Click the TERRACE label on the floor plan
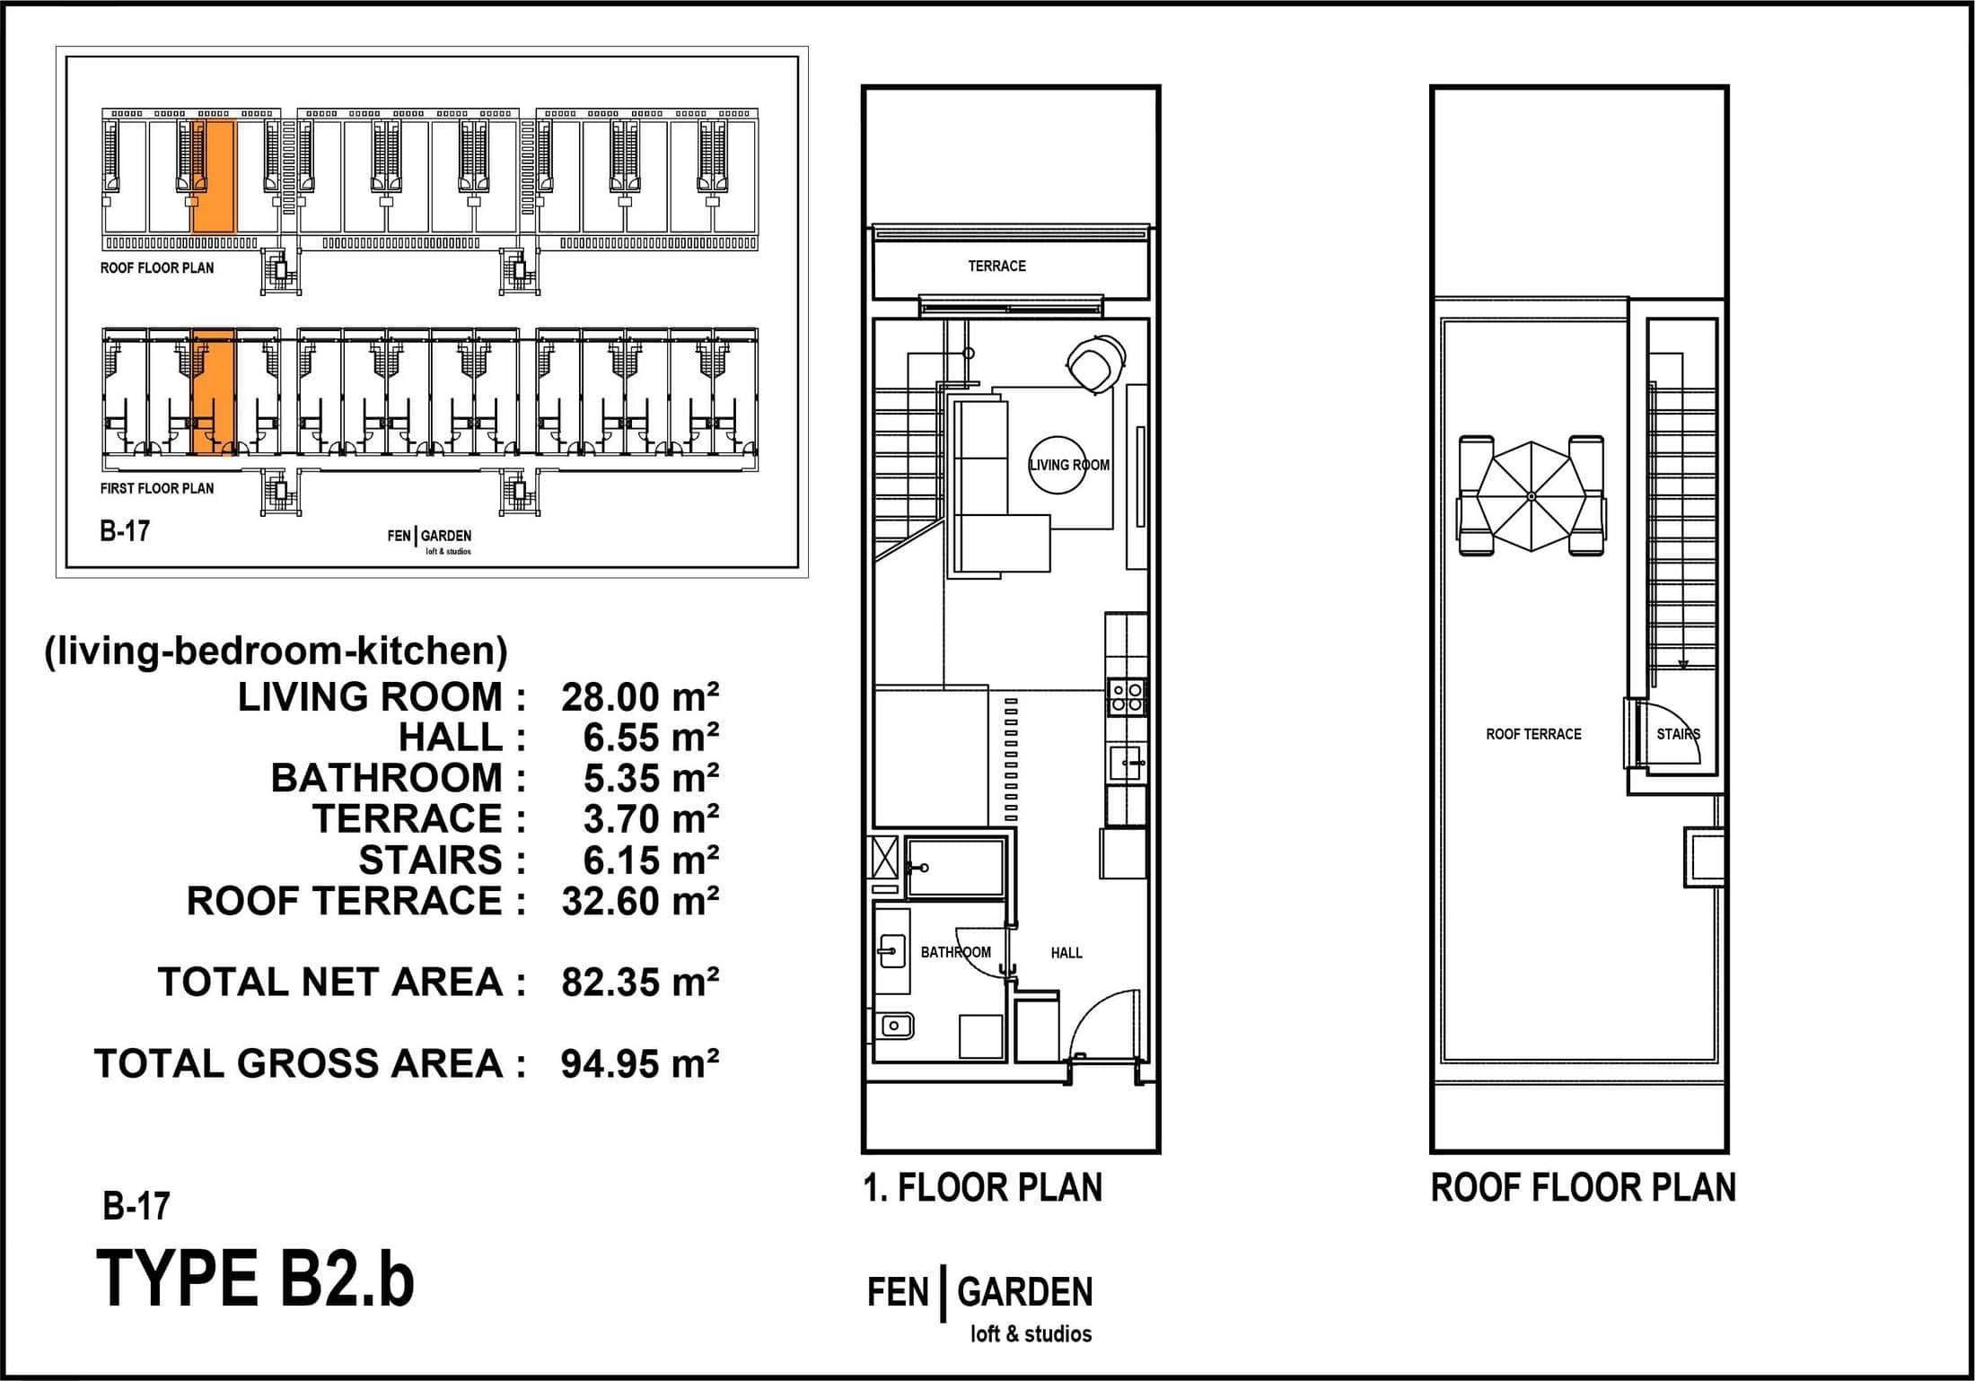(x=996, y=266)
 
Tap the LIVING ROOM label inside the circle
(x=1069, y=465)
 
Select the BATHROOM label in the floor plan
(x=955, y=952)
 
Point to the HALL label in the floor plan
(x=1066, y=953)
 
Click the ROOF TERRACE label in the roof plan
(x=1533, y=734)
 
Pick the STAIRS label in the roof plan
(x=1679, y=734)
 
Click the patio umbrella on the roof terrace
(x=1532, y=496)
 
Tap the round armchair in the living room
(x=1095, y=363)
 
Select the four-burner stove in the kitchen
(x=1127, y=696)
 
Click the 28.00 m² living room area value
(x=640, y=697)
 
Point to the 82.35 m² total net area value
(x=640, y=983)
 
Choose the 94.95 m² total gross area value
(x=640, y=1064)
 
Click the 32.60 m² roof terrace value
(x=640, y=901)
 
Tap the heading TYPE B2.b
(x=256, y=1279)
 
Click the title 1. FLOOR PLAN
(x=983, y=1187)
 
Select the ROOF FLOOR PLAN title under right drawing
(x=1584, y=1187)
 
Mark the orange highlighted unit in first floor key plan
(x=214, y=392)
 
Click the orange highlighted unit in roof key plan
(x=214, y=175)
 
